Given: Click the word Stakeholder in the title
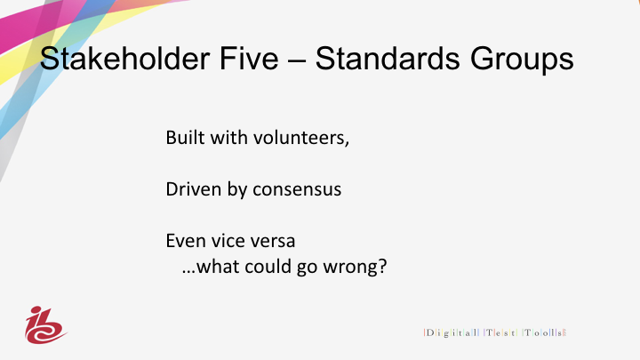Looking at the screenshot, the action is tap(124, 59).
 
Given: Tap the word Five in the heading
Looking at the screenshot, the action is tap(249, 59).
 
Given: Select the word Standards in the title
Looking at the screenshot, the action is tap(388, 59).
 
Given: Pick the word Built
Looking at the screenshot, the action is tap(185, 138).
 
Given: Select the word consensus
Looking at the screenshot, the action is tap(297, 190).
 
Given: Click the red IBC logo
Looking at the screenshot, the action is tap(45, 325).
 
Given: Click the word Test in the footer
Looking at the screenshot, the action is tap(500, 332).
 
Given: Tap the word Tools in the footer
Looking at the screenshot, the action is tap(544, 332).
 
